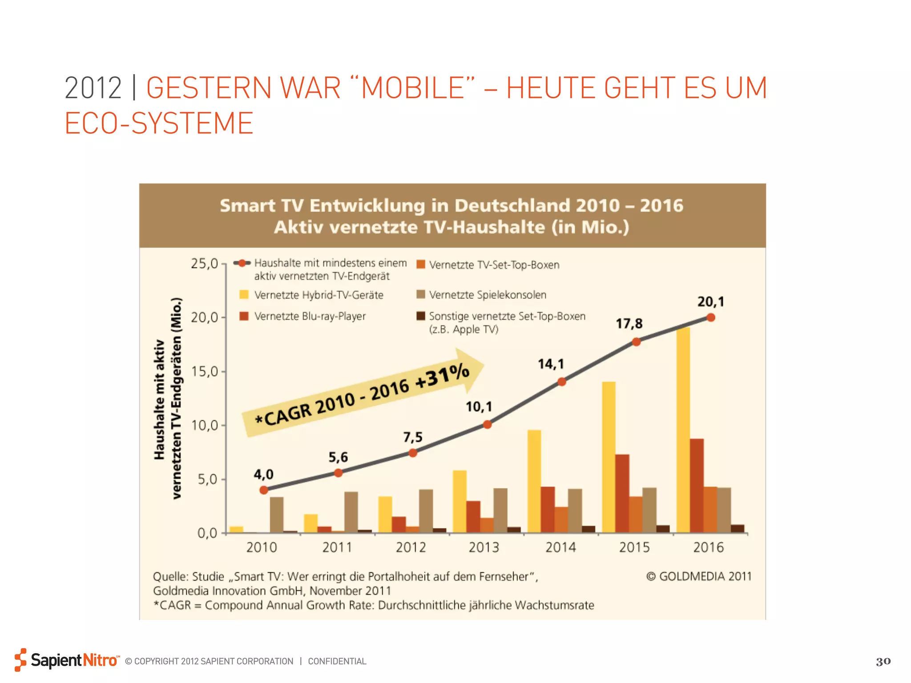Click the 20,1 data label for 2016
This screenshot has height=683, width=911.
710,302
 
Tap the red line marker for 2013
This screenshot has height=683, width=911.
487,425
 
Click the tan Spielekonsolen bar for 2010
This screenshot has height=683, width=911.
277,514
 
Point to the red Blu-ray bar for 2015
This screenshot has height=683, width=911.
622,493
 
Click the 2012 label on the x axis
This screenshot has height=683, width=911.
411,547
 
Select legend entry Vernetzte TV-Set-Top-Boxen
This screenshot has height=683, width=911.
494,265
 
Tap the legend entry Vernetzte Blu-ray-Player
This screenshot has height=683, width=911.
310,316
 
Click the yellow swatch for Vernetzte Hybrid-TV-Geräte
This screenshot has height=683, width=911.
244,294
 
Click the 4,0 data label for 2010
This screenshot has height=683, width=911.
263,474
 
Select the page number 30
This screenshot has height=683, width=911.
883,661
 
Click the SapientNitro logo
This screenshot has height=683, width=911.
67,660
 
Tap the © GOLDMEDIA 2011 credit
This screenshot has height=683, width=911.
698,576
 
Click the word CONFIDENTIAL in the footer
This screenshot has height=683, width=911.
337,661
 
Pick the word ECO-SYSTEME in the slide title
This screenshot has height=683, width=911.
159,123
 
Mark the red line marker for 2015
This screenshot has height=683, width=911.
636,342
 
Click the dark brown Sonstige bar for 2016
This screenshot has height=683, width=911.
737,528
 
